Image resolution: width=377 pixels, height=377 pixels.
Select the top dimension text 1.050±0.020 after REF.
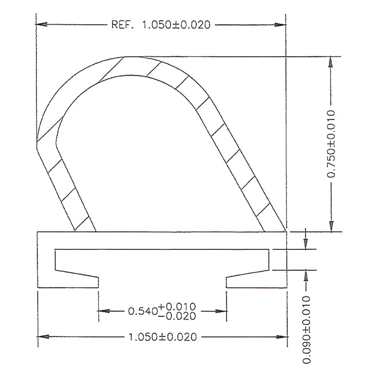pyautogui.click(x=176, y=25)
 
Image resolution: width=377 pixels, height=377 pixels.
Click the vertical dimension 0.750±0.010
pyautogui.click(x=331, y=143)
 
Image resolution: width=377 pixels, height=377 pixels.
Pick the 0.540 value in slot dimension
pyautogui.click(x=142, y=311)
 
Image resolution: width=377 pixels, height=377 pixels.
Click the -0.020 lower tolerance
pyautogui.click(x=177, y=316)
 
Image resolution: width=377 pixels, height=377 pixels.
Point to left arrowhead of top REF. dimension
pyautogui.click(x=41, y=25)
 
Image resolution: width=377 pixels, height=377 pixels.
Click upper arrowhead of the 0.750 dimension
pyautogui.click(x=331, y=62)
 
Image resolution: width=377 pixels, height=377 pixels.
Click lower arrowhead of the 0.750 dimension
pyautogui.click(x=331, y=226)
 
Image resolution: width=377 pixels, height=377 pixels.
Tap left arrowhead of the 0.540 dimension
pyautogui.click(x=104, y=311)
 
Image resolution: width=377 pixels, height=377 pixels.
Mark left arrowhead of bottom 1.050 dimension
pyautogui.click(x=43, y=337)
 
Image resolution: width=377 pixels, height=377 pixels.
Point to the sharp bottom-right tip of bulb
pyautogui.click(x=286, y=230)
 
